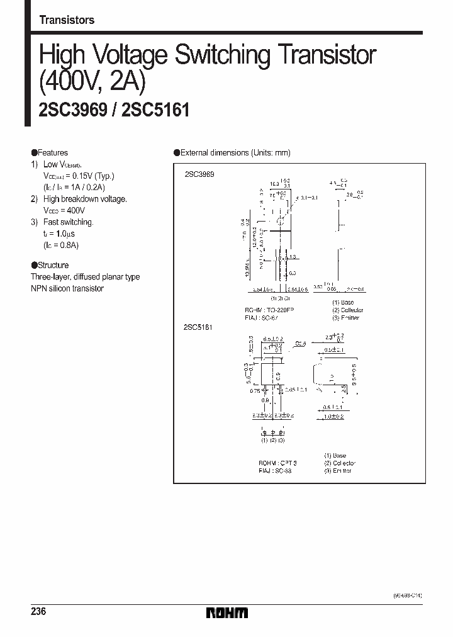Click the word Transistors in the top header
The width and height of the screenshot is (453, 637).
pyautogui.click(x=67, y=20)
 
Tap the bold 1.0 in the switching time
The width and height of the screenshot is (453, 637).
pyautogui.click(x=65, y=233)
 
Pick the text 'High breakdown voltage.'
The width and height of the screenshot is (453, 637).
pyautogui.click(x=85, y=199)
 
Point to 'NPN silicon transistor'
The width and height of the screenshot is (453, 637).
pyautogui.click(x=67, y=288)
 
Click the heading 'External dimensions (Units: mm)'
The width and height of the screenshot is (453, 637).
pyautogui.click(x=235, y=152)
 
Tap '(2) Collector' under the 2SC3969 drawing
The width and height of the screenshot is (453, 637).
pyautogui.click(x=348, y=310)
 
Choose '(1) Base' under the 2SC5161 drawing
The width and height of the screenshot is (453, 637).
pyautogui.click(x=335, y=455)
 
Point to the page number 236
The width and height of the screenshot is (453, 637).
pyautogui.click(x=38, y=612)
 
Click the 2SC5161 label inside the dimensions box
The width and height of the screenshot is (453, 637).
pyautogui.click(x=199, y=327)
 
